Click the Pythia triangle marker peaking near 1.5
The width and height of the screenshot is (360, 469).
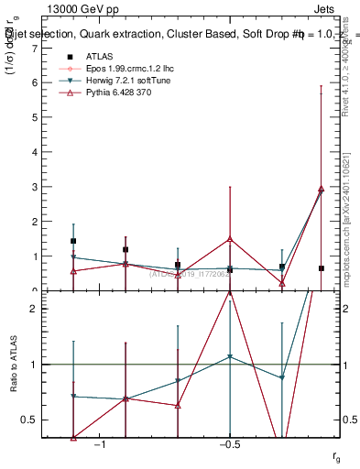coord(230,239)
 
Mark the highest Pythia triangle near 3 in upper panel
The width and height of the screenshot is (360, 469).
coord(321,189)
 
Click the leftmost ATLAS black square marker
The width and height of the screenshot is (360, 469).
coord(73,241)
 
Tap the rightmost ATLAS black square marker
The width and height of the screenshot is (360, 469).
coord(321,268)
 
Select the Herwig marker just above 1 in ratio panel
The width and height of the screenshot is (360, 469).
coord(230,356)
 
